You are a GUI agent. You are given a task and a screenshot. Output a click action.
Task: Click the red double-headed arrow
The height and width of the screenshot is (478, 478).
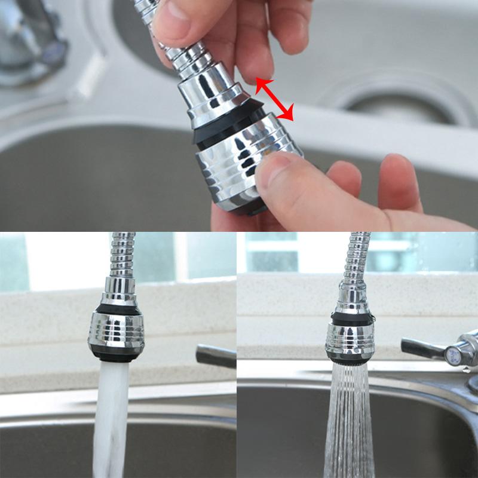click(275, 99)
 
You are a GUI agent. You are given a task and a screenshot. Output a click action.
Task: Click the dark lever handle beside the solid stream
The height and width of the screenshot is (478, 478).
click(215, 356)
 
